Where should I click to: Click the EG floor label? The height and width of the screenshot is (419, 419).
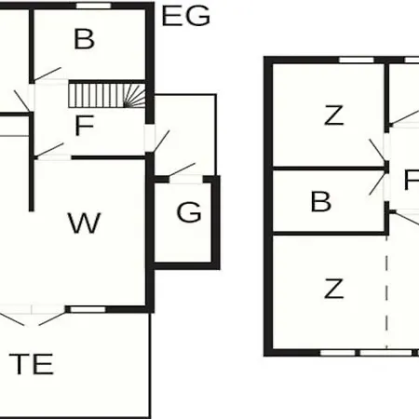click(186, 16)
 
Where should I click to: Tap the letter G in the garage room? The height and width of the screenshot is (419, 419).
click(189, 212)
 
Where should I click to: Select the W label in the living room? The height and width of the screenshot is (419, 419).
click(84, 223)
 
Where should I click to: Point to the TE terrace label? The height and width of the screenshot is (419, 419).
click(31, 364)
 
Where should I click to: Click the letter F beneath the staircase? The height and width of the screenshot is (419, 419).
click(85, 126)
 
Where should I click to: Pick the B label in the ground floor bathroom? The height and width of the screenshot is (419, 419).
click(84, 39)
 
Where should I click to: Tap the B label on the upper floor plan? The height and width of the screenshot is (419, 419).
click(321, 201)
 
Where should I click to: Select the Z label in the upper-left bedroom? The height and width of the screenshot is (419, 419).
click(334, 115)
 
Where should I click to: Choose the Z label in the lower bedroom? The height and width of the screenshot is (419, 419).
click(334, 289)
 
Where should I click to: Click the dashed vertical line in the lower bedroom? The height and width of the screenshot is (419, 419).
click(386, 291)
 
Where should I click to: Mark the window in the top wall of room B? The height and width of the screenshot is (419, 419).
click(93, 6)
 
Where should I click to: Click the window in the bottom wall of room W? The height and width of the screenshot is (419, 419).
click(88, 309)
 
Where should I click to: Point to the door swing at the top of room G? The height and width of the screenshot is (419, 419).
click(182, 169)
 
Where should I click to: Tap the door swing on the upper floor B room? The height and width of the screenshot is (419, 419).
click(377, 185)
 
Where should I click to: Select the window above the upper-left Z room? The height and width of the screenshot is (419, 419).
click(357, 60)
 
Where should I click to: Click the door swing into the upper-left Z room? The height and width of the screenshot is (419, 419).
click(377, 150)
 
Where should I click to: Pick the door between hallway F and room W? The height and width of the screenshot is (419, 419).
click(49, 151)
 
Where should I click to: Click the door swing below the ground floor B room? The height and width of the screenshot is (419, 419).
click(47, 74)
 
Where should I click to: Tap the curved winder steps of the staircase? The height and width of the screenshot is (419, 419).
click(135, 96)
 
